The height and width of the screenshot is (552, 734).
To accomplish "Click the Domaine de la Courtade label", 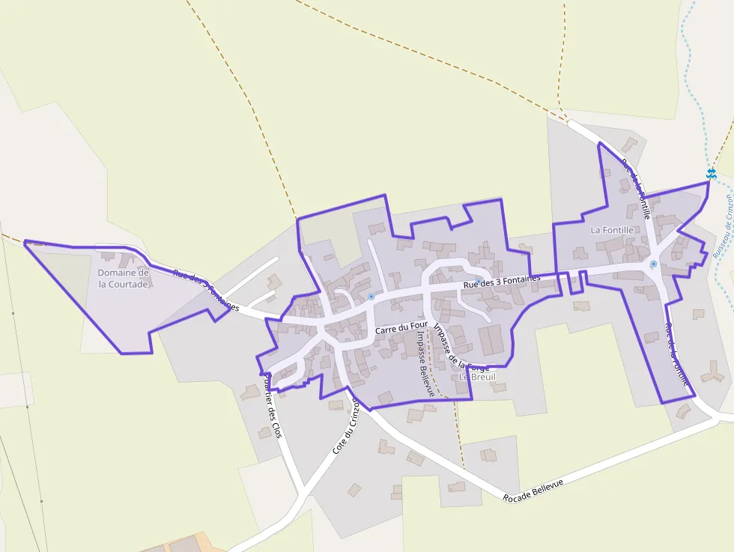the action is click(x=124, y=279).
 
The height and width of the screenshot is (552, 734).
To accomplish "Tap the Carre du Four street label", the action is click(x=401, y=327).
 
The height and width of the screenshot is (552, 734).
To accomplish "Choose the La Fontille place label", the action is click(x=612, y=230).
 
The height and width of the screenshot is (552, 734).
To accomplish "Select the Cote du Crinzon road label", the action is click(x=346, y=429).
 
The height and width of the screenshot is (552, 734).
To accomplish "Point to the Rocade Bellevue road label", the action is click(x=533, y=488).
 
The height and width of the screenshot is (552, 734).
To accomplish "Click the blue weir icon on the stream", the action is click(x=711, y=174).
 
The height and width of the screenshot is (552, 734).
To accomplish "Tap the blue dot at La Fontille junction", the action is click(x=653, y=264).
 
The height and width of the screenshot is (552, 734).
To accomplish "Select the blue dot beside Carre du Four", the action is click(x=371, y=297).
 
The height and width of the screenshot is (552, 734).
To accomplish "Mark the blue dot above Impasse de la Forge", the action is click(x=479, y=281).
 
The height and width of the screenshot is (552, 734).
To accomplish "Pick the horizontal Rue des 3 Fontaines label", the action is click(x=502, y=282).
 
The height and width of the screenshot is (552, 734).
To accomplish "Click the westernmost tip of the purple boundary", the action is click(x=25, y=241).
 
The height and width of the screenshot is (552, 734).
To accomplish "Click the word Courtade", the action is click(x=124, y=284).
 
